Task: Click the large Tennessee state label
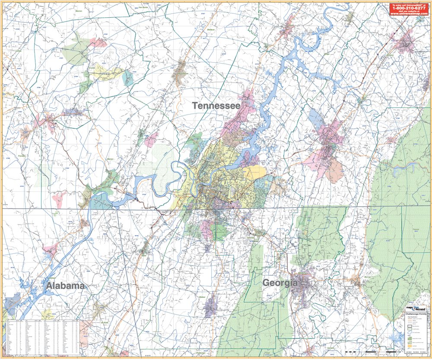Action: (x=216, y=105)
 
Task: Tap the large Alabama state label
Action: (x=66, y=286)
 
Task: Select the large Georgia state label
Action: (x=280, y=283)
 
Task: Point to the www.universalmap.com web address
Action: (x=409, y=14)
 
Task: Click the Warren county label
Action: (x=78, y=10)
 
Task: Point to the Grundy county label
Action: (x=91, y=68)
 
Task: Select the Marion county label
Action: (x=110, y=159)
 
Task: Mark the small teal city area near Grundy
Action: (x=128, y=78)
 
